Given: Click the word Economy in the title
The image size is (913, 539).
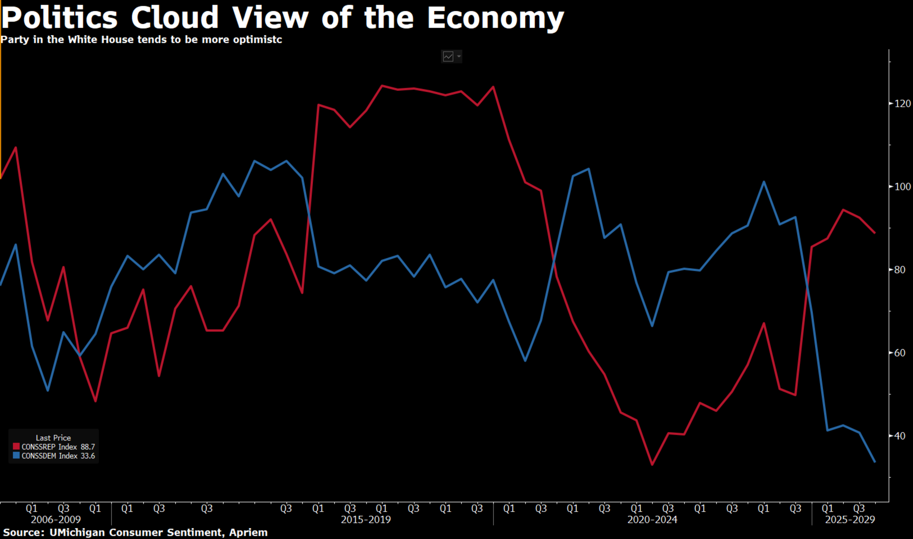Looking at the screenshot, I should pos(495,18).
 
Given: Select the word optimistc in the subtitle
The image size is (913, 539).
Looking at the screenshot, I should pos(257,40).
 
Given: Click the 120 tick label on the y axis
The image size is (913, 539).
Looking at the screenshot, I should pos(903,103).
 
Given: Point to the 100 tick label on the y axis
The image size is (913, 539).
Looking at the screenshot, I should pos(903,186).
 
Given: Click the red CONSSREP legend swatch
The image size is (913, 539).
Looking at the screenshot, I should pos(16,447).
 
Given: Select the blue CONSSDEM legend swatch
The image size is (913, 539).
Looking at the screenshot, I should pos(16,456).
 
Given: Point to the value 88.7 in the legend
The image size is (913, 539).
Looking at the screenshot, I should pos(88,447).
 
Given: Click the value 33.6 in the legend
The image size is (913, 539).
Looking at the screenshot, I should pos(88,456).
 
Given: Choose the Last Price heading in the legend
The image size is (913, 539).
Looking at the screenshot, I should pos(53,438).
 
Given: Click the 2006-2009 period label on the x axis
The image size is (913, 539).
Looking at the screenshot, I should pos(56,520).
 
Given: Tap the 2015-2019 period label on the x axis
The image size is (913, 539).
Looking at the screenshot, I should pos(365,520).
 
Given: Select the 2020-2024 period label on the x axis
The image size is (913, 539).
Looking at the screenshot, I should pos(652,520).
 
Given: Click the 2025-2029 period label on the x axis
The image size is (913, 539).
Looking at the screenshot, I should pos(850,520).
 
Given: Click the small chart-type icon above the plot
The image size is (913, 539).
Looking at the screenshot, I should pos(448,57).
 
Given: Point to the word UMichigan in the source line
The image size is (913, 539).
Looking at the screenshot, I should pos(77,532).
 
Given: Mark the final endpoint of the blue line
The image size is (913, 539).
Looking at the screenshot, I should pos(875,462).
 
